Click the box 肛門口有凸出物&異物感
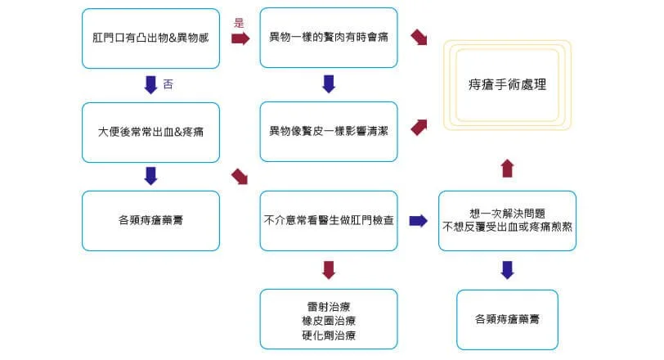(x=151, y=38)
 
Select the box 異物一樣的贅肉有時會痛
(x=328, y=38)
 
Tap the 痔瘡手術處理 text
(x=507, y=83)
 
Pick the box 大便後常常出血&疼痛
(x=151, y=131)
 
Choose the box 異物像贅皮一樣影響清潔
(x=328, y=131)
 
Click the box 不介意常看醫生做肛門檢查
(x=328, y=220)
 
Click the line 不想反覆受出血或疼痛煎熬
(x=507, y=225)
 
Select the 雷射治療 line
(x=329, y=306)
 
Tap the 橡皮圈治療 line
(x=329, y=320)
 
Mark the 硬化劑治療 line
(x=329, y=335)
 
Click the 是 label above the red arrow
(x=239, y=24)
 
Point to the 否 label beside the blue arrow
(x=168, y=83)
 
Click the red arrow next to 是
(x=240, y=38)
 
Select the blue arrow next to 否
(x=150, y=83)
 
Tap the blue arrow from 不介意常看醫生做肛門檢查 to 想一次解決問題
(x=418, y=220)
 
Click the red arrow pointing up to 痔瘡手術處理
(x=507, y=169)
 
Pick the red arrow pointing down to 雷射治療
(x=329, y=269)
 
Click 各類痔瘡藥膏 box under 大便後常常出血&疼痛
(x=151, y=220)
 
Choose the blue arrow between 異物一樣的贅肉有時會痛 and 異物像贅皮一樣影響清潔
(x=329, y=83)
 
